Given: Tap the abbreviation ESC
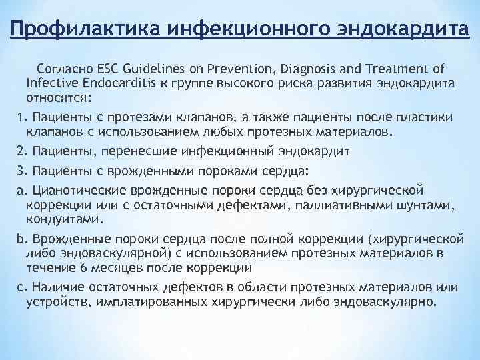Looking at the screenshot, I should [x=109, y=69].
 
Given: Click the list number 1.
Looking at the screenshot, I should [x=21, y=117].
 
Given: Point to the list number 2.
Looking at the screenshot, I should [x=21, y=152].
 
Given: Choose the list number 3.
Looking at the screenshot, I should [x=21, y=171].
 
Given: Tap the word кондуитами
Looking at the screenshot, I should [x=64, y=219].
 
